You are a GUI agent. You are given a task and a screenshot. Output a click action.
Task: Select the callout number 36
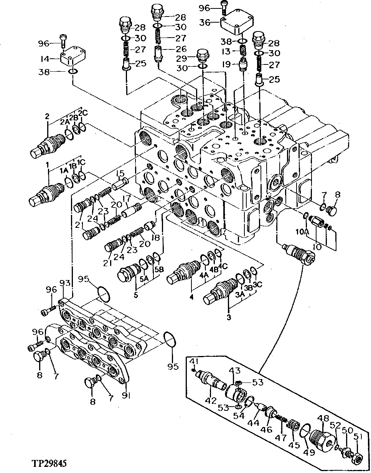[205, 22]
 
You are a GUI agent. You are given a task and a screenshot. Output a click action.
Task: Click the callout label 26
[181, 49]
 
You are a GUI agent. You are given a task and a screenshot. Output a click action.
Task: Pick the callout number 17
[126, 199]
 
